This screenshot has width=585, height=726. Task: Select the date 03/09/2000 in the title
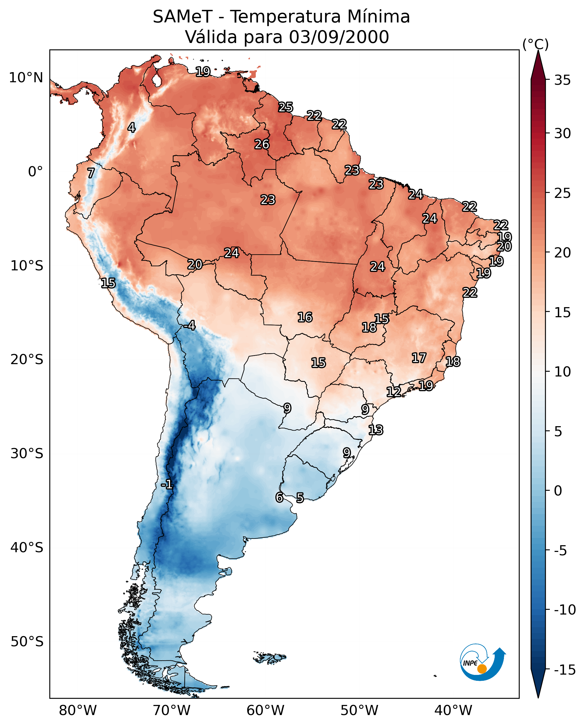[x=339, y=37]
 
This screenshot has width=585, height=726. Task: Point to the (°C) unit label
[x=535, y=44]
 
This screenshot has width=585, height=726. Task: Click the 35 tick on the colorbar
[x=562, y=80]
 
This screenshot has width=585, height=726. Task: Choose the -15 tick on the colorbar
[x=565, y=670]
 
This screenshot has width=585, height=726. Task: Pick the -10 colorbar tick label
[x=565, y=610]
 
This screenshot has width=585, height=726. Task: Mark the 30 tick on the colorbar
[x=562, y=134]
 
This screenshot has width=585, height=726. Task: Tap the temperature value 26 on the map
[x=262, y=144]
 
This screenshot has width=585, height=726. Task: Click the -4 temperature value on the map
[x=190, y=326]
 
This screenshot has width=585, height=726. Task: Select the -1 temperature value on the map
[x=167, y=485]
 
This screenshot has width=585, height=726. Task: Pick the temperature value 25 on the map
[x=285, y=107]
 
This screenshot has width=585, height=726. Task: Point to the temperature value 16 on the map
[x=305, y=318]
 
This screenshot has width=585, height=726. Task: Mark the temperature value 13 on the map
[x=376, y=430]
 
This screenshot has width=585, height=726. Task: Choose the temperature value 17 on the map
[x=419, y=358]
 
